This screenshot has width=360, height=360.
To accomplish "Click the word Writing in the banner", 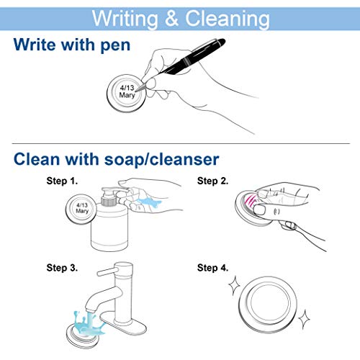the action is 125,19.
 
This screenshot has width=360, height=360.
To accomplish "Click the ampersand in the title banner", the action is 172,18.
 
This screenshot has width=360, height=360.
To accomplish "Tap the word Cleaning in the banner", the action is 228,19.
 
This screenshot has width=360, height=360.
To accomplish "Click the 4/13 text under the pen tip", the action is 127,88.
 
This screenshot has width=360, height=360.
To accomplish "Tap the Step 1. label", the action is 62,181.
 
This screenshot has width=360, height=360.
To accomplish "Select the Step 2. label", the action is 212,181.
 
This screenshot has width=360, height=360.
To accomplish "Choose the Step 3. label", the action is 62,268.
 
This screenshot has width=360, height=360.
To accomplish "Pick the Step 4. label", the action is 212,268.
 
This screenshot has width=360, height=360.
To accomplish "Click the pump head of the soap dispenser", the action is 113,192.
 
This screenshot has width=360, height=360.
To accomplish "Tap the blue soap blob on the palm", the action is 149,203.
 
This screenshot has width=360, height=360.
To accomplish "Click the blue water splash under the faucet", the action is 89,323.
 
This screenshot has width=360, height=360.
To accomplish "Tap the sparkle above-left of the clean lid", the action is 234,286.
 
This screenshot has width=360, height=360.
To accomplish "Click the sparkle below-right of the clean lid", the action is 304,319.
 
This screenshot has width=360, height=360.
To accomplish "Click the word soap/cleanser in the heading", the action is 161,159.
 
